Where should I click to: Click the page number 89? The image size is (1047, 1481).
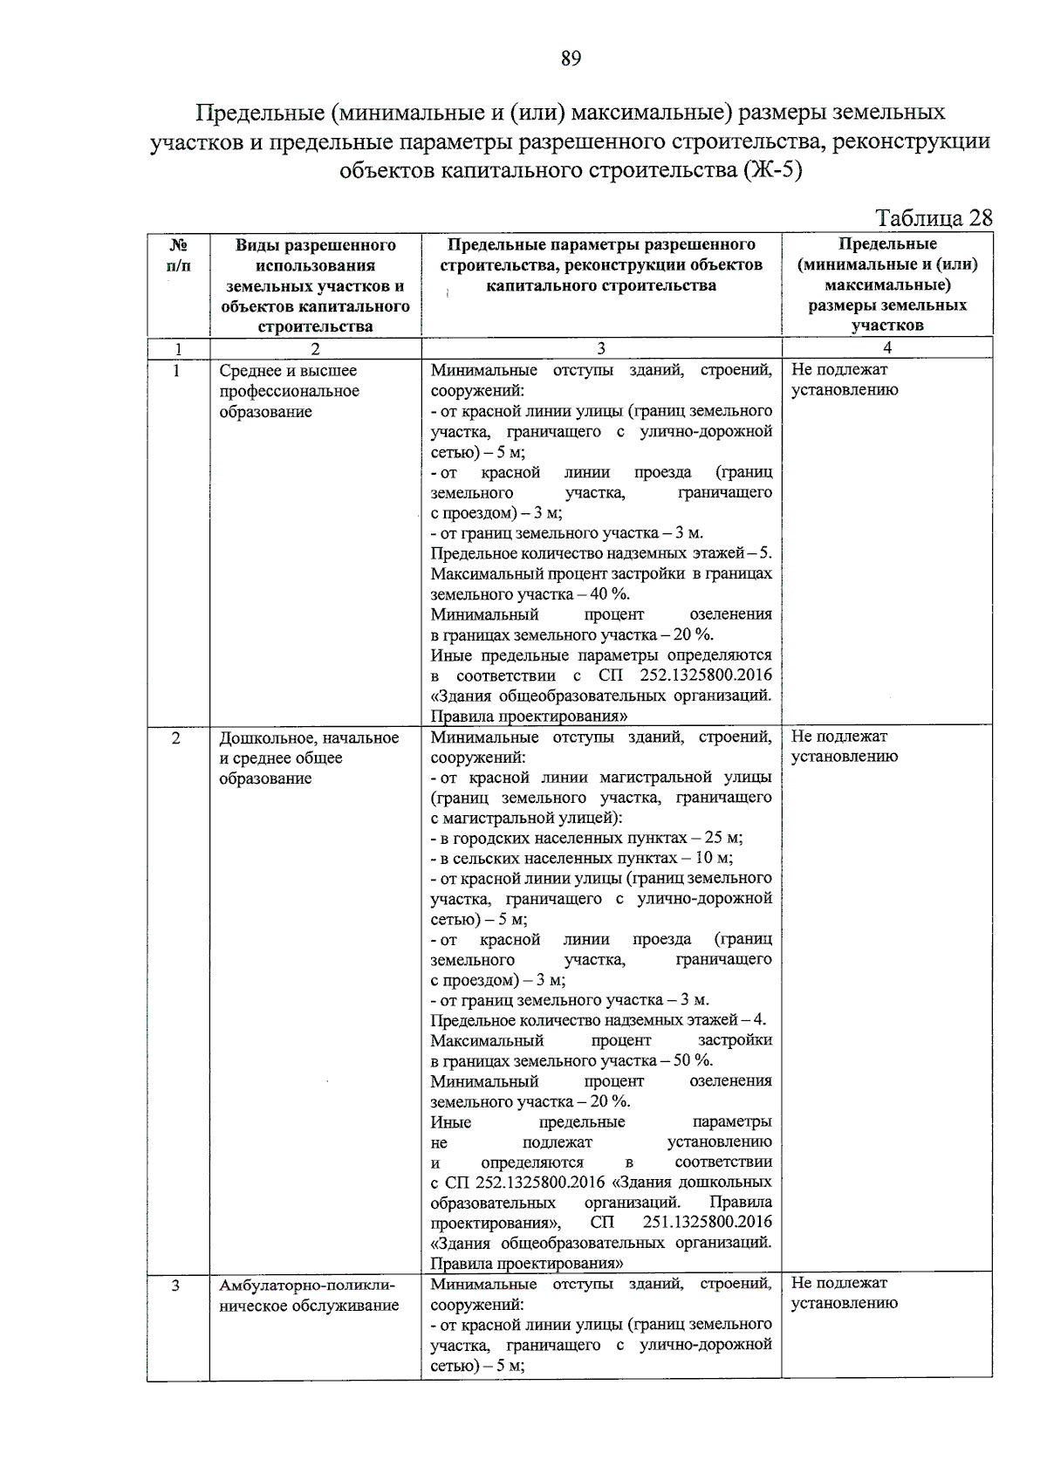[x=571, y=58]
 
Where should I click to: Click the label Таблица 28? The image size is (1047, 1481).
[x=933, y=217]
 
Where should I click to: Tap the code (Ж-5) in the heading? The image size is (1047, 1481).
[x=772, y=169]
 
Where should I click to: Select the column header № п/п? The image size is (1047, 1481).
[x=178, y=255]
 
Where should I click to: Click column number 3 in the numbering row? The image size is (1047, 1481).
[x=600, y=348]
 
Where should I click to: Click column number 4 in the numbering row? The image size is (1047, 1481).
[x=886, y=348]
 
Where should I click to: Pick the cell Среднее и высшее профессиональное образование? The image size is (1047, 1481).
[x=289, y=391]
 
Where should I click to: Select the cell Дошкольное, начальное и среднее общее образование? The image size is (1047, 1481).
[x=308, y=758]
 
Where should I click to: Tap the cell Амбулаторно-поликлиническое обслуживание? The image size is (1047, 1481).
[x=308, y=1295]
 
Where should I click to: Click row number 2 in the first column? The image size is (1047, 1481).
[x=176, y=738]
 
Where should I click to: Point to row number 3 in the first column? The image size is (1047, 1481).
[x=176, y=1286]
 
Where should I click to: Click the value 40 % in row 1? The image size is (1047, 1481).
[x=609, y=594]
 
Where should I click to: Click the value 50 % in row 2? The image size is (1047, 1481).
[x=693, y=1060]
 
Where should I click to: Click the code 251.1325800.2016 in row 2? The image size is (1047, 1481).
[x=707, y=1222]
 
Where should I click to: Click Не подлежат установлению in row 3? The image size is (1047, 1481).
[x=843, y=1292]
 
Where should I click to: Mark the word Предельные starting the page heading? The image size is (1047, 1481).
[x=260, y=113]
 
